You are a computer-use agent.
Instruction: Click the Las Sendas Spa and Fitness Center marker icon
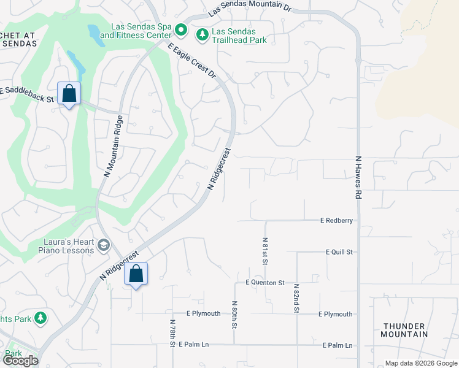pos(180,29)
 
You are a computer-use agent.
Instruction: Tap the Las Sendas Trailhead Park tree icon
pos(202,35)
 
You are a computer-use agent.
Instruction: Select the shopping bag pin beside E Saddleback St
pos(69,94)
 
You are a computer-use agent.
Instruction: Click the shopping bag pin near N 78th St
pos(136,274)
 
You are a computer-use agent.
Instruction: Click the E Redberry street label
pos(336,220)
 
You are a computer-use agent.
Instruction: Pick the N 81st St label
pos(265,251)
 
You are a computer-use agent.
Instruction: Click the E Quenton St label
pos(265,283)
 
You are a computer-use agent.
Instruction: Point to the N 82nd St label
pos(296,299)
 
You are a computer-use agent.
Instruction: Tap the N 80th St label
pos(234,315)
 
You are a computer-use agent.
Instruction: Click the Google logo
pos(20,361)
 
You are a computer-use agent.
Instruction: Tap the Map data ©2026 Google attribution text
pos(420,363)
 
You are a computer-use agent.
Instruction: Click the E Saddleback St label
pos(28,91)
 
